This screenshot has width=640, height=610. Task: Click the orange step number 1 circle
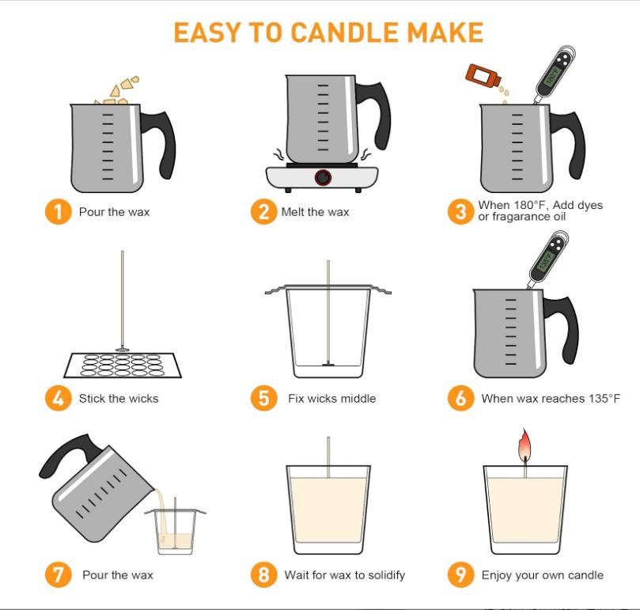[58, 211]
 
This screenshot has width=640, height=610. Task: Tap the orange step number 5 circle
[263, 398]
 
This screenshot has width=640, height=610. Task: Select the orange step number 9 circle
[461, 574]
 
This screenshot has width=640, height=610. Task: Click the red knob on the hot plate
[323, 177]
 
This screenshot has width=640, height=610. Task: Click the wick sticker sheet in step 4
[123, 365]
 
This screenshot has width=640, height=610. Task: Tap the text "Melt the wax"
[315, 212]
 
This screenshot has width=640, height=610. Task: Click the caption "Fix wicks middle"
[331, 399]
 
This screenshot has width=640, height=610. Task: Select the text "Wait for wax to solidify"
[345, 575]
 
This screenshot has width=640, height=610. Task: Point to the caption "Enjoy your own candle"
[543, 575]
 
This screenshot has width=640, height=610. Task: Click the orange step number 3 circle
[461, 211]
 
